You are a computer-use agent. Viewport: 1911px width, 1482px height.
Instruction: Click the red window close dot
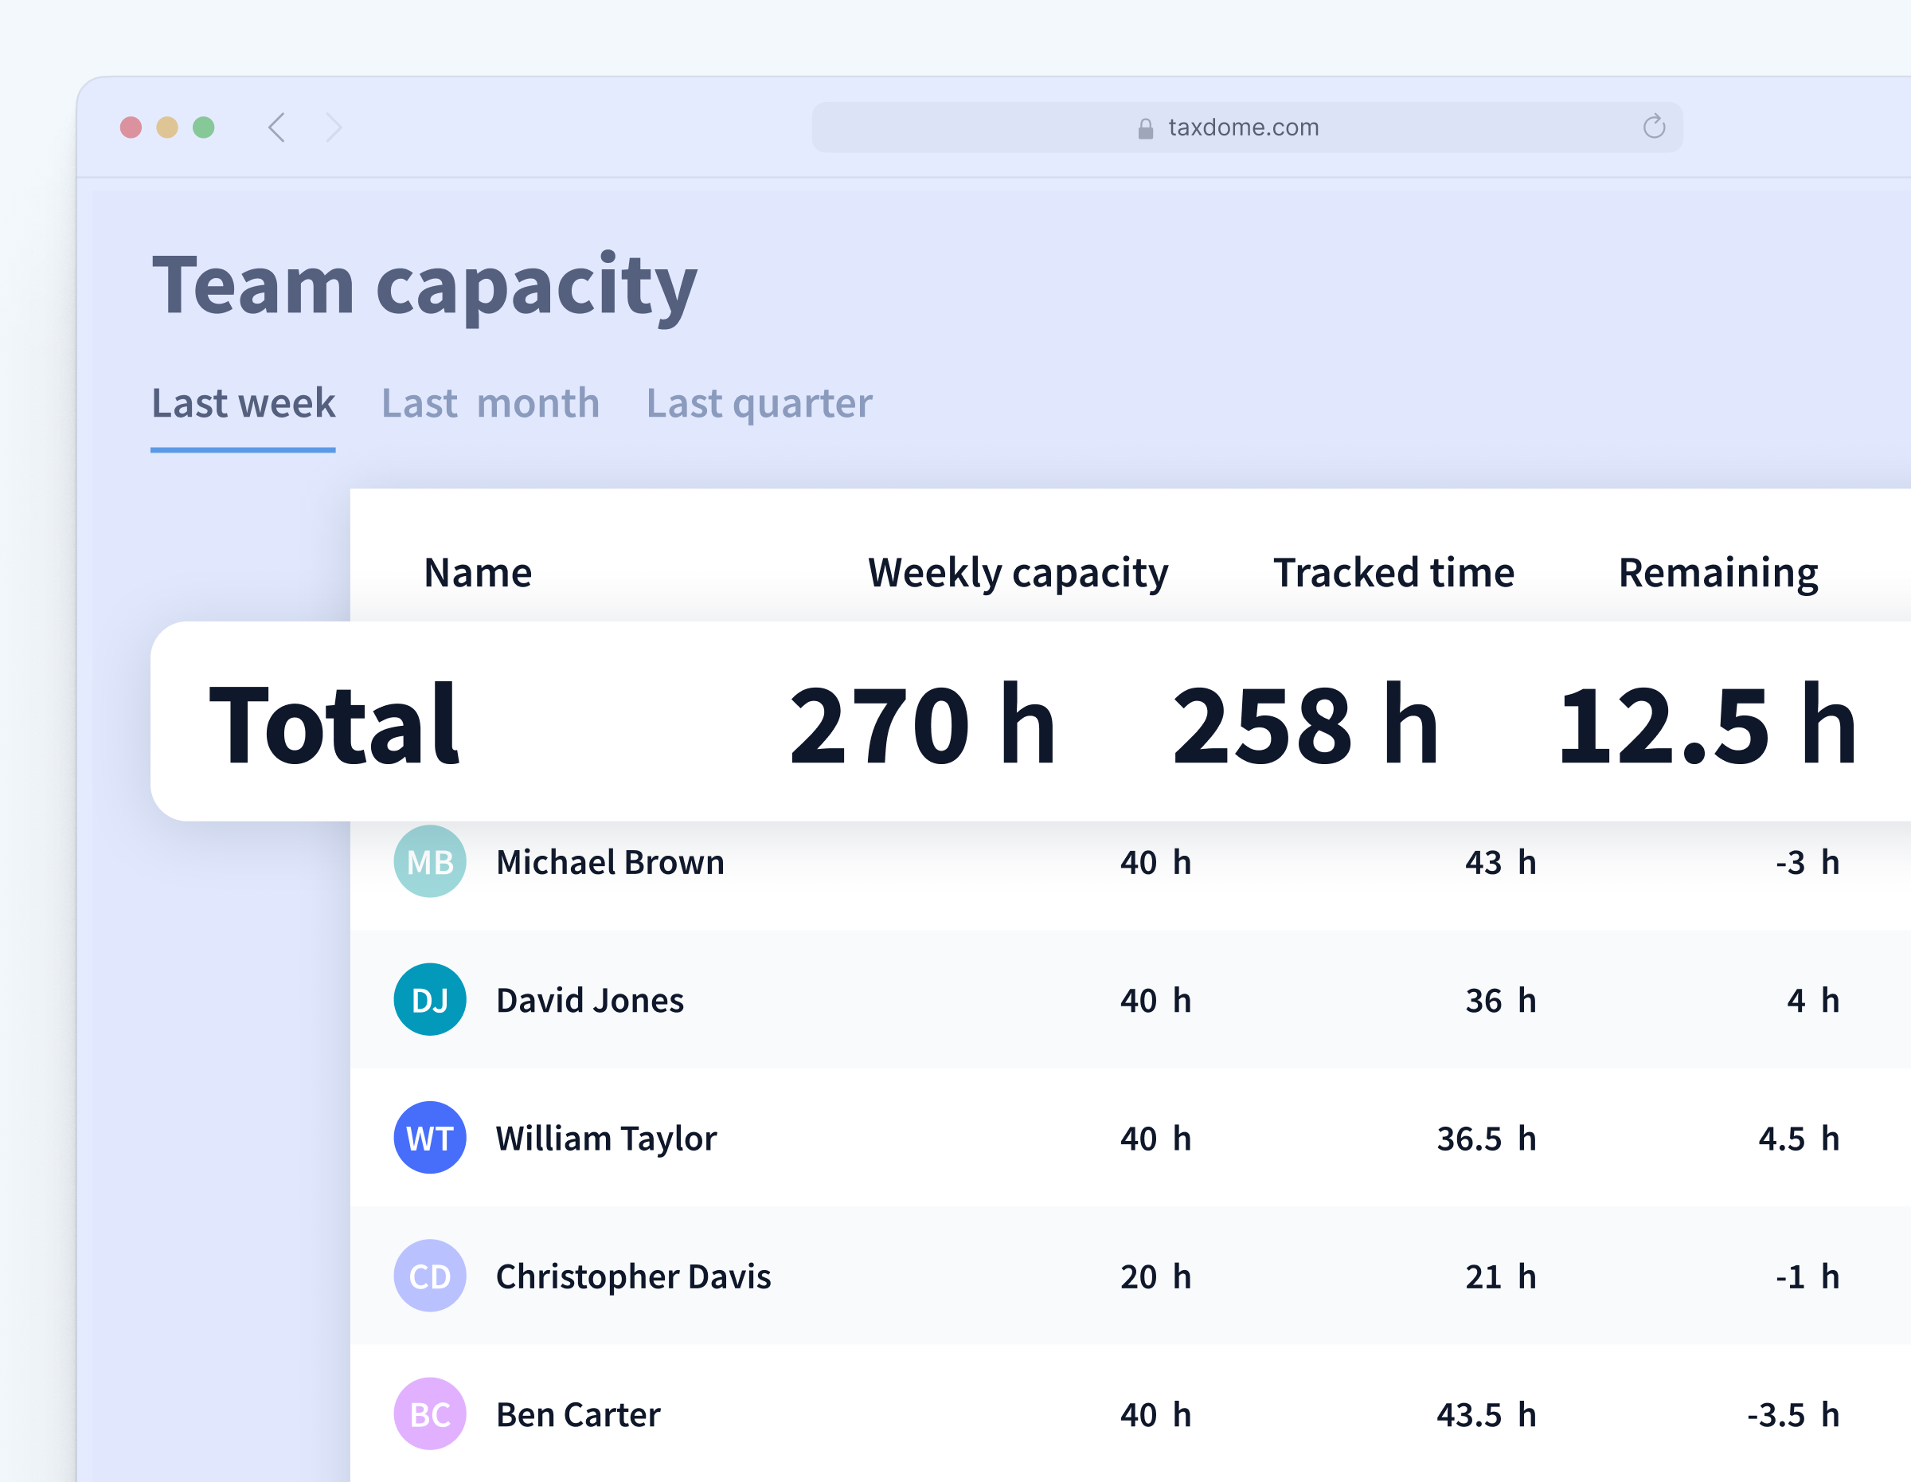(131, 127)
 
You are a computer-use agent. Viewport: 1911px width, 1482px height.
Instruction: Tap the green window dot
(204, 127)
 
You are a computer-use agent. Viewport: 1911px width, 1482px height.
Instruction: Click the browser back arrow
(276, 127)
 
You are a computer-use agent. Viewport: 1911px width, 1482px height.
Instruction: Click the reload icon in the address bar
(1654, 127)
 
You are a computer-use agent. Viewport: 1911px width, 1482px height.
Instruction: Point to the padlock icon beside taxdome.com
(1145, 130)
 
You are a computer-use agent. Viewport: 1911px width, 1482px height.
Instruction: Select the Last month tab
(490, 403)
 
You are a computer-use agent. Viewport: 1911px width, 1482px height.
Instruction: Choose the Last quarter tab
(760, 403)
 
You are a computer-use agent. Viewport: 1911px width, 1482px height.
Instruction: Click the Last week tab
(243, 403)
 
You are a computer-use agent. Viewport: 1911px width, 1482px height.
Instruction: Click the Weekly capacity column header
(1018, 574)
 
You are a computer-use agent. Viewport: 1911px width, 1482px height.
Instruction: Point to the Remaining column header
(1718, 574)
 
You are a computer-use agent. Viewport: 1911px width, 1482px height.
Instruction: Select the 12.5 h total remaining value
(1706, 725)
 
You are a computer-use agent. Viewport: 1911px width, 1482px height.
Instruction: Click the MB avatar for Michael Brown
(430, 861)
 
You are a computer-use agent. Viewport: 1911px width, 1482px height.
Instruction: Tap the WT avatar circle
(430, 1138)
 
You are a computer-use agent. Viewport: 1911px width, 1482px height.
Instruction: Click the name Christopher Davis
(634, 1276)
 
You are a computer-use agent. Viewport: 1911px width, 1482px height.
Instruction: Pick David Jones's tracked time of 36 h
(1501, 1001)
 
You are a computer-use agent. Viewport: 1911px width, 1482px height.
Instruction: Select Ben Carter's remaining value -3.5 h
(1793, 1414)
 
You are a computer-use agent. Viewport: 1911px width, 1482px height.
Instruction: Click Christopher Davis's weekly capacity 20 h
(1155, 1276)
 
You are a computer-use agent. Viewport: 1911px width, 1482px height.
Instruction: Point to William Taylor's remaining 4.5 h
(1798, 1138)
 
